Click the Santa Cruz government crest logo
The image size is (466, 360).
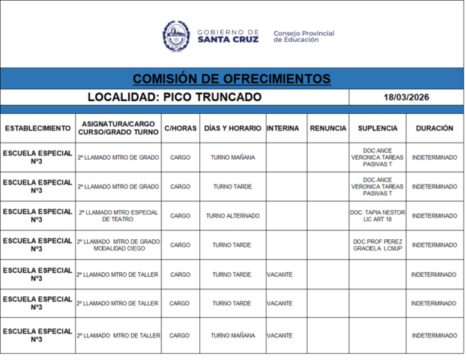click(178, 35)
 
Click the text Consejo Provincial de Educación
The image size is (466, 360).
click(303, 36)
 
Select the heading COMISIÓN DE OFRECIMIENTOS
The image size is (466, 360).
click(232, 79)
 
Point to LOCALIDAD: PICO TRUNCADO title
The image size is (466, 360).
click(175, 97)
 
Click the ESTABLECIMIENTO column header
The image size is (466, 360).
click(37, 128)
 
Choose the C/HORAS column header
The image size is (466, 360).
click(180, 128)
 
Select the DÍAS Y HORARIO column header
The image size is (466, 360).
click(232, 128)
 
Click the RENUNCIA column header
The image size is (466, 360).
click(328, 128)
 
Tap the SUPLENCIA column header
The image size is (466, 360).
click(378, 128)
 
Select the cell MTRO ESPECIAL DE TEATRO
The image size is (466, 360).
click(118, 216)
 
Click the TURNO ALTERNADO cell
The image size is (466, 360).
click(232, 216)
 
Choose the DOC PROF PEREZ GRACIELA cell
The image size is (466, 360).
click(378, 245)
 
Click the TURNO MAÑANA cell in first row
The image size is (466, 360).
click(232, 157)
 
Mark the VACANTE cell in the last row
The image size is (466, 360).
click(279, 336)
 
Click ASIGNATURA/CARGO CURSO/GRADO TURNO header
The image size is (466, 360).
click(118, 128)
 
